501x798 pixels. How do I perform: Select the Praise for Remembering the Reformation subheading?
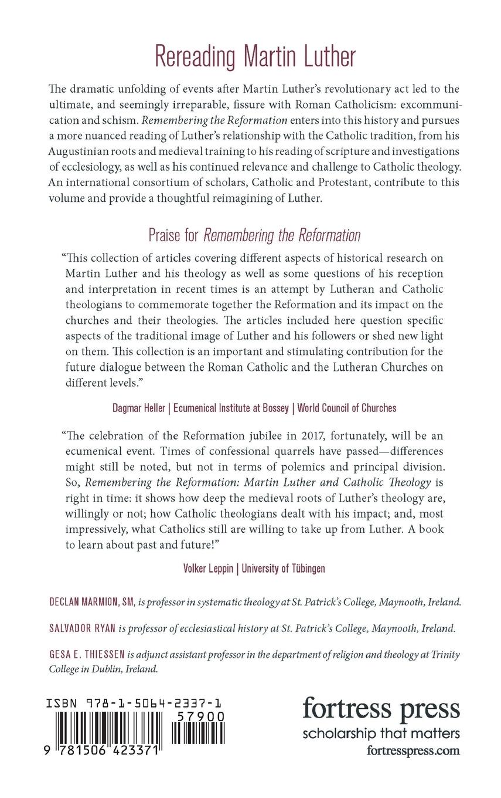click(254, 235)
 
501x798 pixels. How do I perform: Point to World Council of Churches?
click(347, 408)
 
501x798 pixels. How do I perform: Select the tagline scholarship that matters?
click(381, 733)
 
